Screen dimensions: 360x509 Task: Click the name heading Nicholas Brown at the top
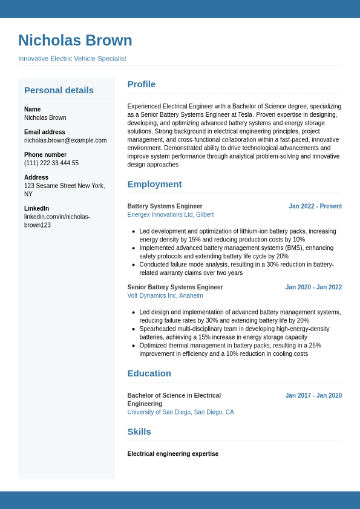[75, 41]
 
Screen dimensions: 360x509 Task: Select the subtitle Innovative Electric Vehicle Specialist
[72, 59]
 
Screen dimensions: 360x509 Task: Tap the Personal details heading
[59, 90]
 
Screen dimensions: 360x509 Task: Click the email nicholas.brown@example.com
[65, 140]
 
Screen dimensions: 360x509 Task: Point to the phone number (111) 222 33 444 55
[51, 163]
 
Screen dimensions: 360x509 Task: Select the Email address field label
[45, 132]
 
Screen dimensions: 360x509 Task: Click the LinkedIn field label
[36, 208]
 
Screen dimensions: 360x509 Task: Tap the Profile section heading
[141, 84]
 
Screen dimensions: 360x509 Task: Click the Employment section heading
[154, 184]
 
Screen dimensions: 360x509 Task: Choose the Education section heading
[149, 373]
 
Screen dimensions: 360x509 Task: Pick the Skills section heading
[139, 432]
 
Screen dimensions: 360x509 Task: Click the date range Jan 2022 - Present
[315, 206]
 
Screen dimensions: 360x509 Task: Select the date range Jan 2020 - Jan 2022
[313, 287]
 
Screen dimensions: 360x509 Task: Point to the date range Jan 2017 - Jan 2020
[313, 396]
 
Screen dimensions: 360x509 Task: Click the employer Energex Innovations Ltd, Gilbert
[170, 215]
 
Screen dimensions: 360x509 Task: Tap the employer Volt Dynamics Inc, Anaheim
[165, 296]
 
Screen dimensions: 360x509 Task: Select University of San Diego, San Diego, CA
[180, 412]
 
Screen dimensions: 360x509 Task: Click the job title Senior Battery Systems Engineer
[175, 287]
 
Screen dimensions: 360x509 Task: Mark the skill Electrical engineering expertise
[172, 454]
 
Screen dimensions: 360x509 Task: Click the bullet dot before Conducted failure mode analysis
[133, 264]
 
